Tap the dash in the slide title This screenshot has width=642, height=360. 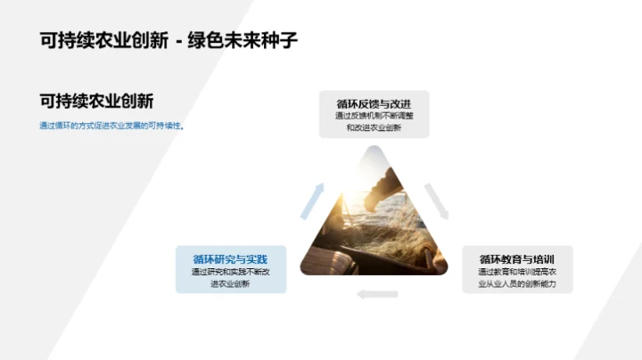click(178, 41)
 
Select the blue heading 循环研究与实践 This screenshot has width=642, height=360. click(231, 258)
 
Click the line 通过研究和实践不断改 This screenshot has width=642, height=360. click(231, 272)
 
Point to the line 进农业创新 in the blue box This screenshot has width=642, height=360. click(231, 284)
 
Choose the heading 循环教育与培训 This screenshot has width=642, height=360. click(517, 258)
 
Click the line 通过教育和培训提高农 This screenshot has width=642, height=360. click(517, 272)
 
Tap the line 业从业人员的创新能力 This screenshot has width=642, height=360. click(517, 284)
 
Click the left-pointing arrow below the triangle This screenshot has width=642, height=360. click(376, 294)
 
